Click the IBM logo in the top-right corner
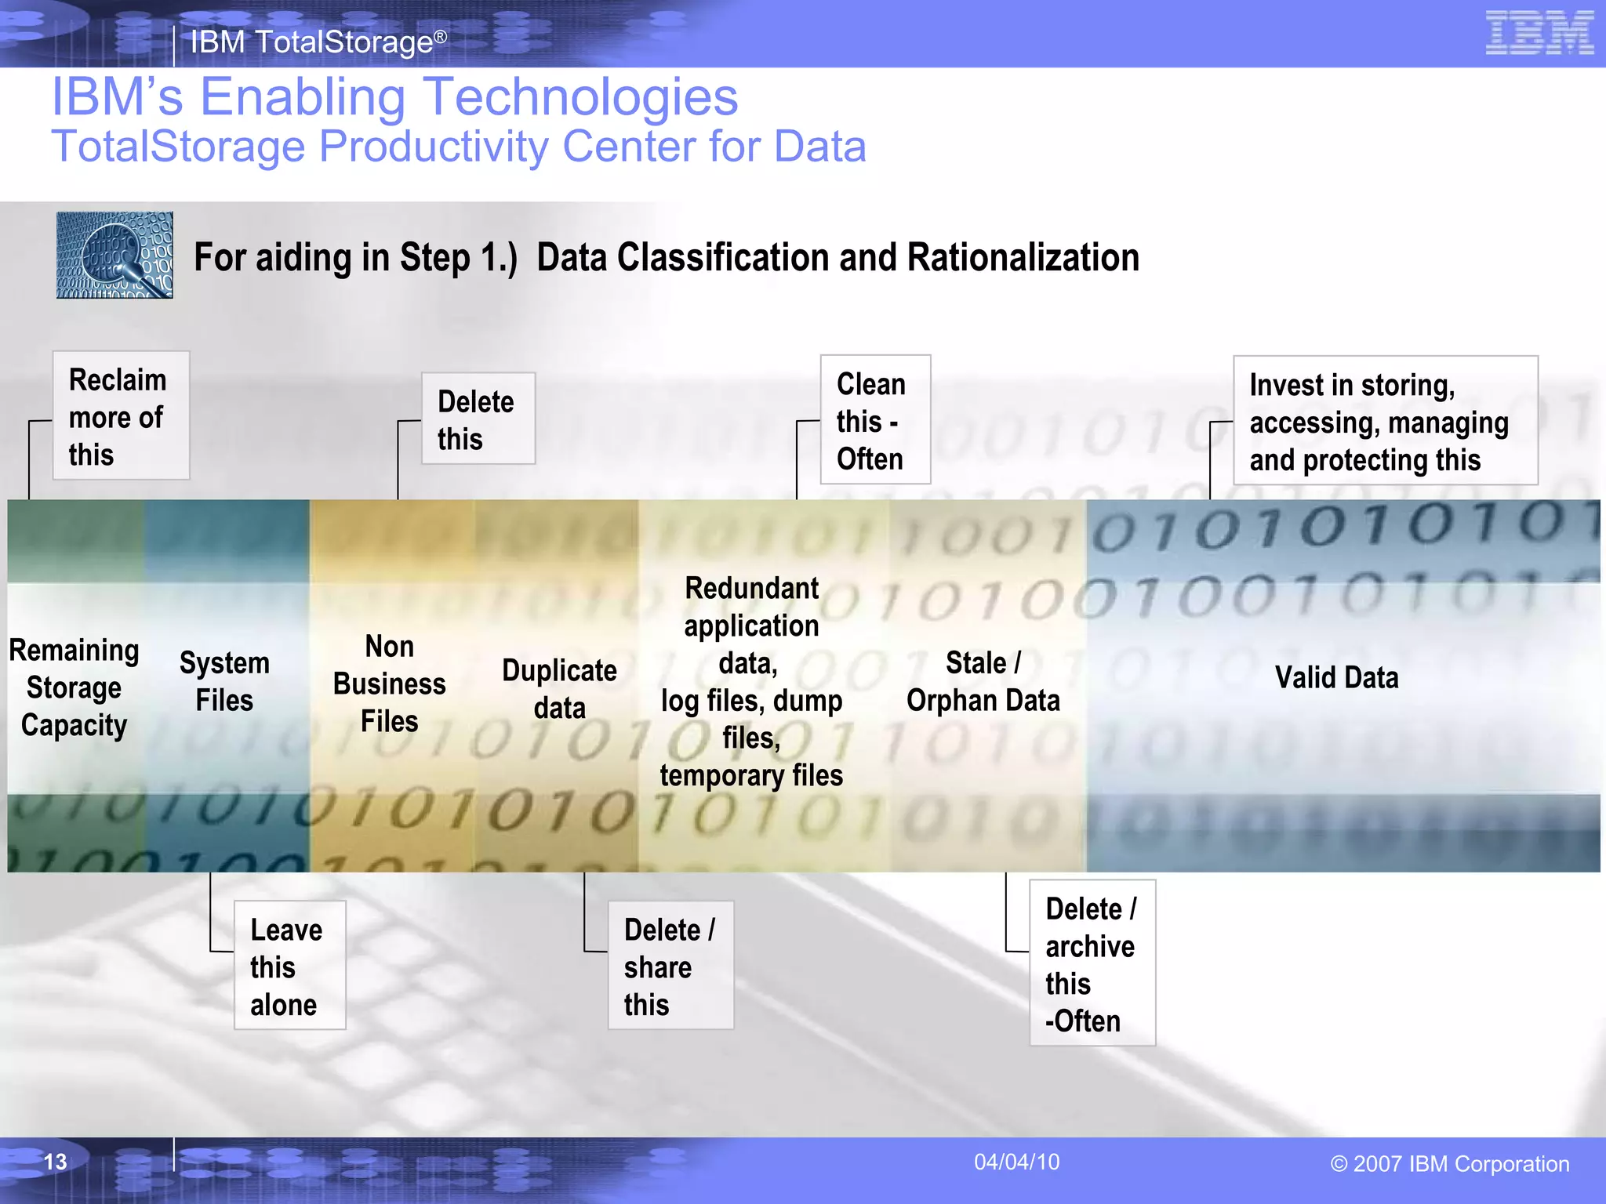pos(1539,33)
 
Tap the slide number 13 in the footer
pos(55,1161)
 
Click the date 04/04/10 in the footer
pos(1016,1162)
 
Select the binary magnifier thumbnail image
pos(114,255)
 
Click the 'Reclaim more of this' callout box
pos(121,415)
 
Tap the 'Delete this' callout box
pos(478,419)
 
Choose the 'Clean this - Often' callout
pos(875,420)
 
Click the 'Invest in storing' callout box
pos(1385,422)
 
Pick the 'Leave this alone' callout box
pos(289,966)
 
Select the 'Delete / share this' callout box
pos(670,966)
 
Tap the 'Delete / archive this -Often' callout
pos(1092,963)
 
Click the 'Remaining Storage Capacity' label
pos(74,687)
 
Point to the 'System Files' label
pos(224,681)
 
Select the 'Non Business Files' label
pos(390,684)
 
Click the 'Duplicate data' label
pos(559,689)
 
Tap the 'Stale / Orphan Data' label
pos(983,681)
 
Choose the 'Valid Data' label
pos(1336,677)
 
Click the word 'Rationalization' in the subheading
pos(1023,257)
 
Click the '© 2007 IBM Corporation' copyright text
pos(1449,1164)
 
